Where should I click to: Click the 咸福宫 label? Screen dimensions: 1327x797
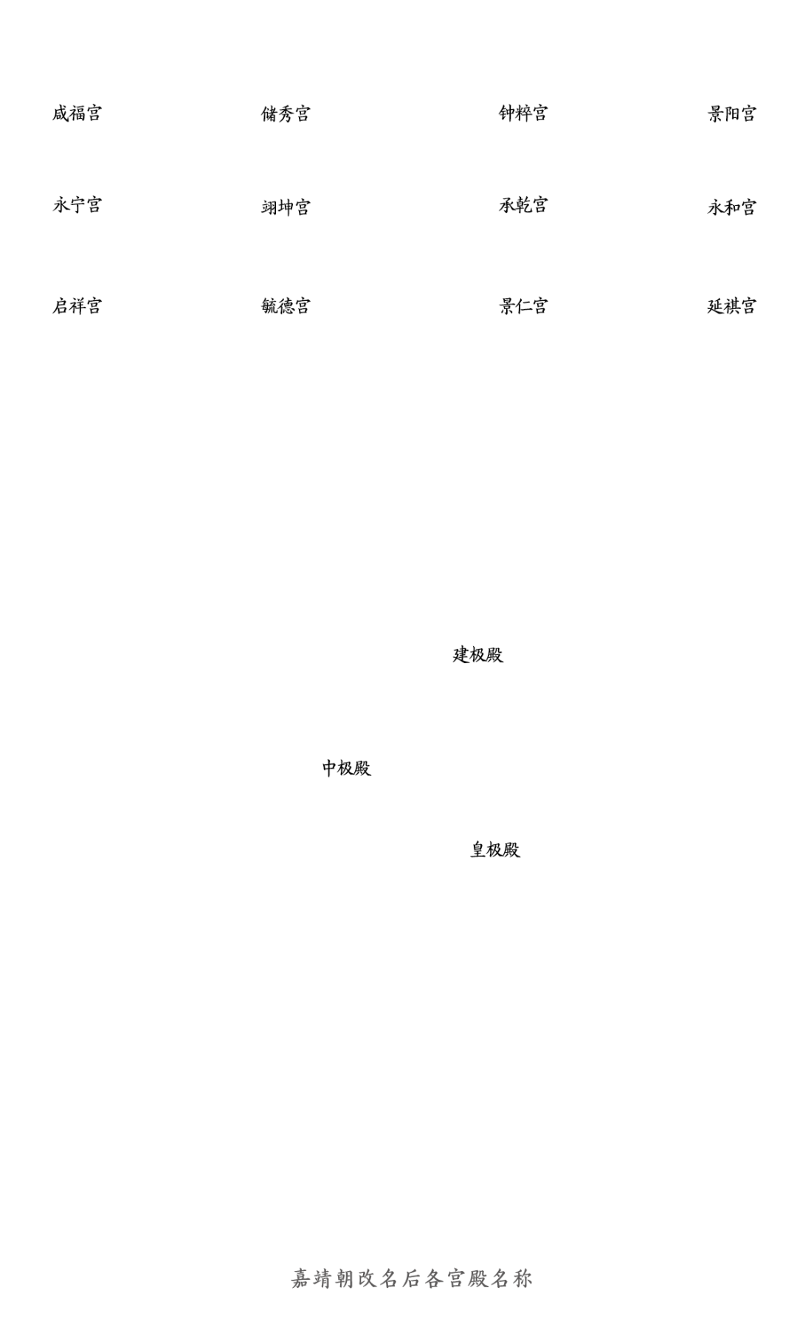[x=77, y=114]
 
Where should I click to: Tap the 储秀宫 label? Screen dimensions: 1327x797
[x=285, y=114]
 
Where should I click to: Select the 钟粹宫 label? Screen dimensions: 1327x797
[x=523, y=113]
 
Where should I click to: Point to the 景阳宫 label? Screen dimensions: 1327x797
[x=731, y=114]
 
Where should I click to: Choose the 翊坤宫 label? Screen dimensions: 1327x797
[x=285, y=207]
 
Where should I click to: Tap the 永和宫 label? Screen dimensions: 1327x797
[x=731, y=207]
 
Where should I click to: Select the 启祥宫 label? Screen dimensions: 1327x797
[x=77, y=305]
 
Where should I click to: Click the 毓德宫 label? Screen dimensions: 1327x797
[x=285, y=305]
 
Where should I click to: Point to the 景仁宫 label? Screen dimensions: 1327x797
[x=523, y=305]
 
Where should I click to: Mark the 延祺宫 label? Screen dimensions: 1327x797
[x=731, y=305]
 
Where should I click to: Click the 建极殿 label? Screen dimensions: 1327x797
[x=477, y=654]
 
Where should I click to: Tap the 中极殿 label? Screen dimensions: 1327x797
[x=345, y=768]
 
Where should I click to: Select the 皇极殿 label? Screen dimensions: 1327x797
[x=494, y=849]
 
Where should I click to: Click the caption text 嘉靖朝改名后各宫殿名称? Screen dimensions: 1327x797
[x=411, y=1278]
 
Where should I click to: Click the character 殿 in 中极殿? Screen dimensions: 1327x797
[x=362, y=768]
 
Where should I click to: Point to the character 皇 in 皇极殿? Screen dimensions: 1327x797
[x=478, y=849]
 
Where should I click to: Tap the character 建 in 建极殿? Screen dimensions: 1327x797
[x=460, y=654]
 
